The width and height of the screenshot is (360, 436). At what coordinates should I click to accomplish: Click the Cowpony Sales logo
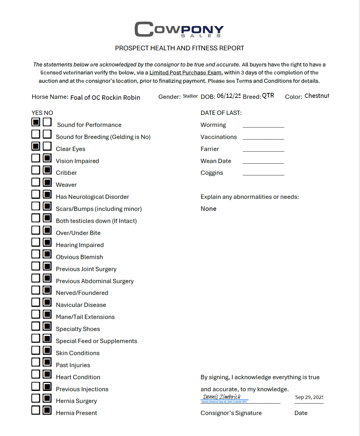[179, 29]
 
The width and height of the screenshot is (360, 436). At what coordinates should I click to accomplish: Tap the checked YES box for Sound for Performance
[36, 122]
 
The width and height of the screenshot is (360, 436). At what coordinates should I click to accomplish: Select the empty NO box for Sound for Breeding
[47, 134]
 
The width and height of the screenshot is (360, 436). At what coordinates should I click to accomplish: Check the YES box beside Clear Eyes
[36, 146]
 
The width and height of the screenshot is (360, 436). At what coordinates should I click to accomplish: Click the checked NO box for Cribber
[47, 170]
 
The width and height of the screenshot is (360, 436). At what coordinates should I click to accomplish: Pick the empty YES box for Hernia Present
[36, 410]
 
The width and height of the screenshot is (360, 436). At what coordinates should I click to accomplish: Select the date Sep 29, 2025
[309, 397]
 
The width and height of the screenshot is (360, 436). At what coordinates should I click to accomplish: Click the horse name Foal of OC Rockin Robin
[105, 98]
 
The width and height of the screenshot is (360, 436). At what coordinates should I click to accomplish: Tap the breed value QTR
[268, 96]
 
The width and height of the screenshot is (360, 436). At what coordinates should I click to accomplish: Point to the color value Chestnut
[316, 96]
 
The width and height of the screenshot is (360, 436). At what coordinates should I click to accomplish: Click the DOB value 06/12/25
[228, 96]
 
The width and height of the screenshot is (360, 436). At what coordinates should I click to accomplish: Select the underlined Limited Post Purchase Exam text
[185, 73]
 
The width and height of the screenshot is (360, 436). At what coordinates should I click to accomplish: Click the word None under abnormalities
[208, 209]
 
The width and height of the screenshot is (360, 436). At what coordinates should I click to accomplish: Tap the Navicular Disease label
[81, 305]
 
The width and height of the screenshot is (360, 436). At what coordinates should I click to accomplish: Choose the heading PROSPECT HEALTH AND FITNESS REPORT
[179, 48]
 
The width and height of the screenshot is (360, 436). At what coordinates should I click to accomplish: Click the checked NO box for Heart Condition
[47, 374]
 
